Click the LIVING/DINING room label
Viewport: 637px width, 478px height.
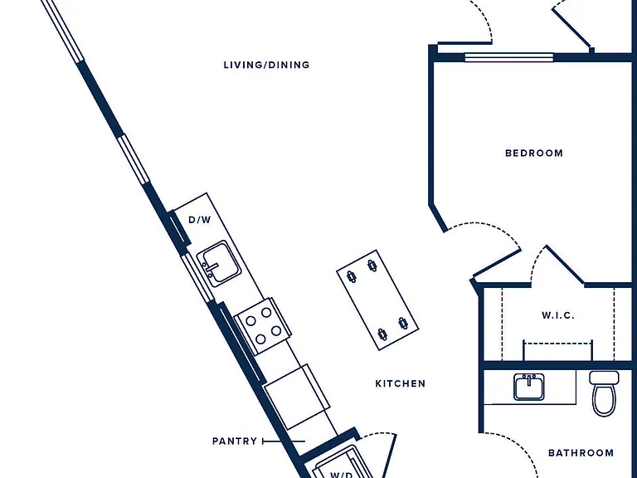[x=266, y=65]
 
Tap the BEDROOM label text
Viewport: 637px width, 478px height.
[x=534, y=154]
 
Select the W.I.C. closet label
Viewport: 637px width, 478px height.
[x=557, y=315]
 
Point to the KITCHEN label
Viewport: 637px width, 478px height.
[x=400, y=383]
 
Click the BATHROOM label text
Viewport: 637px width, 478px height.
[x=581, y=453]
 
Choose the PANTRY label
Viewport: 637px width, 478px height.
[x=235, y=441]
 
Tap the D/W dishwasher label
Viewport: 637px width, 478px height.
[x=200, y=220]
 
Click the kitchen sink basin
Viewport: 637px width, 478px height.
[x=219, y=264]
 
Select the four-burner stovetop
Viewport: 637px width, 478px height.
[x=263, y=325]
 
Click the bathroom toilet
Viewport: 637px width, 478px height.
[x=604, y=393]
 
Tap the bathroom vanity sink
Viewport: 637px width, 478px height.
[x=529, y=387]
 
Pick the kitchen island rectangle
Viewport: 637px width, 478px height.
[x=377, y=300]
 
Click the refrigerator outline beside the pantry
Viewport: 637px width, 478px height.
[x=297, y=398]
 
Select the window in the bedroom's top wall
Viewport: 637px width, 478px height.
[x=509, y=58]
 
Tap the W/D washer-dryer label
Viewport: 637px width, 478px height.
[x=341, y=475]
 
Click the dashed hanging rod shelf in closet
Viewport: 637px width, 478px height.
[x=557, y=344]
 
